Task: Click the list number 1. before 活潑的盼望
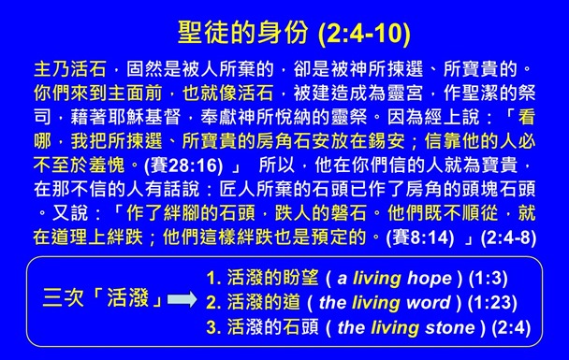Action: [x=213, y=278]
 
